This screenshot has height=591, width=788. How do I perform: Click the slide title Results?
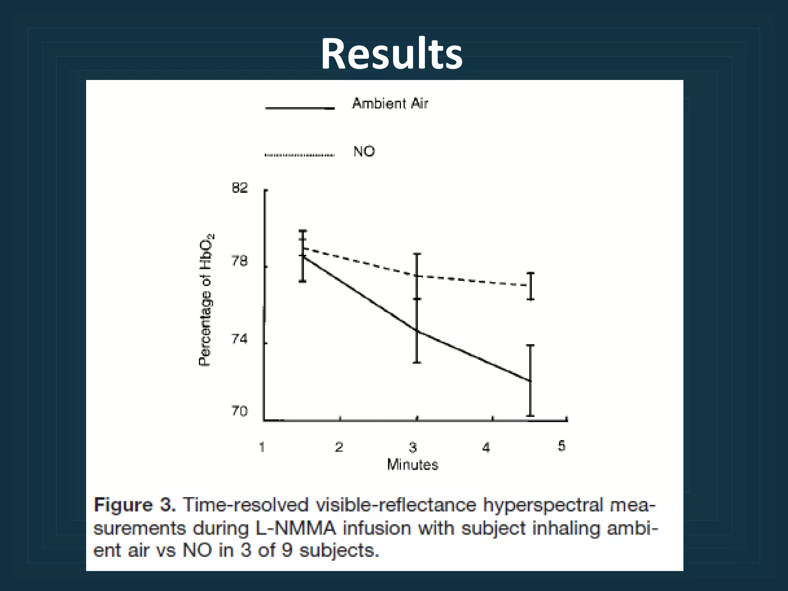point(392,54)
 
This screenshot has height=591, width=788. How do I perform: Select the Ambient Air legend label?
point(390,104)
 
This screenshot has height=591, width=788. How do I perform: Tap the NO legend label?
point(364,151)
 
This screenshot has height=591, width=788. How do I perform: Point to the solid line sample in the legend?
point(299,109)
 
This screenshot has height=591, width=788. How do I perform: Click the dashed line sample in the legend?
point(299,155)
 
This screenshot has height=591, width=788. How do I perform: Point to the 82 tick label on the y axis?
point(240,188)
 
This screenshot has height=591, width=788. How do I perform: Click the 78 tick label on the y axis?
point(240,262)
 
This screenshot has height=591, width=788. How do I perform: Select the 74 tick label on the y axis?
point(240,339)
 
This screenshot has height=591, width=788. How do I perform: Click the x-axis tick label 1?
point(262,447)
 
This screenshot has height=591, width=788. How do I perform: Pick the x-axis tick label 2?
point(339,447)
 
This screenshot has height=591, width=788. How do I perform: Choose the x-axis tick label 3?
point(413,447)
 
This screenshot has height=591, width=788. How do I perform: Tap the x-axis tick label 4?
point(486,447)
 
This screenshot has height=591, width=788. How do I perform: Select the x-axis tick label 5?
point(562,446)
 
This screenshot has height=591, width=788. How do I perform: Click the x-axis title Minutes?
point(412,465)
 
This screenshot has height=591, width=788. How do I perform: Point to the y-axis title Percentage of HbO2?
point(206,300)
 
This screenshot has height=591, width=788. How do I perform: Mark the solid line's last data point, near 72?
point(530,381)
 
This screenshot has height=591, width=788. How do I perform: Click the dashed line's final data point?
point(530,285)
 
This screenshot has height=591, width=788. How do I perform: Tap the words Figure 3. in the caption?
point(135,505)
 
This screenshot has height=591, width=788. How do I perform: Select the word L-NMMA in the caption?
point(296,528)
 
